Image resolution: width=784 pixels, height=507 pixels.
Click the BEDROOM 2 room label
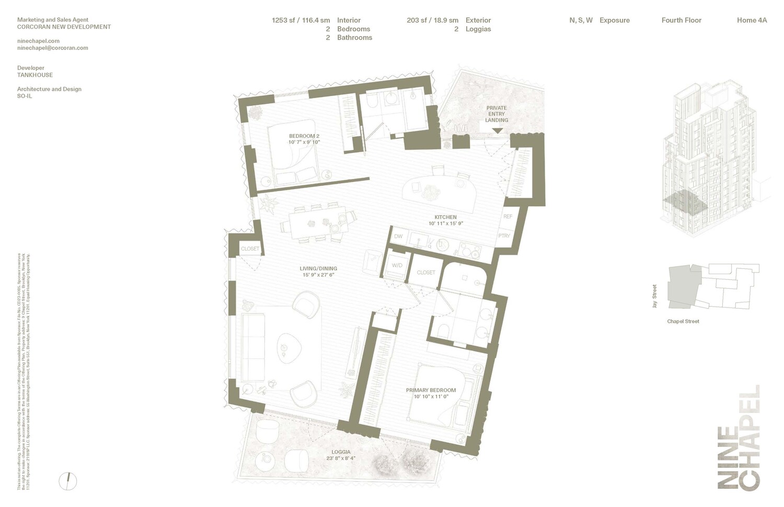(304, 136)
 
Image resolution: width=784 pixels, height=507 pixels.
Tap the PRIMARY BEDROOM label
(431, 390)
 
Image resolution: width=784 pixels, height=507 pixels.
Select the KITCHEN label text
(445, 217)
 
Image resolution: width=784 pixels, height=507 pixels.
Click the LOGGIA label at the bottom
(341, 452)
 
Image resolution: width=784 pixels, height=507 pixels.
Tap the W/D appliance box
(397, 265)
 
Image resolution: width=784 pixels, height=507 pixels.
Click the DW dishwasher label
(398, 237)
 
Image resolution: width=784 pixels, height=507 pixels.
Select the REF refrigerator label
(508, 217)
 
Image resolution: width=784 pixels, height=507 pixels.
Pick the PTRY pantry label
(504, 236)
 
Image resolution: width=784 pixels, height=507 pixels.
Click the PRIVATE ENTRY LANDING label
(497, 114)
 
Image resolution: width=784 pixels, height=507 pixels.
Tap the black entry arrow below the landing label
(497, 131)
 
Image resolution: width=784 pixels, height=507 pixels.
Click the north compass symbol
(68, 481)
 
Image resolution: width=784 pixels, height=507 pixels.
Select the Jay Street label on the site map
(654, 296)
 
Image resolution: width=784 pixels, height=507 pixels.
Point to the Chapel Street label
(683, 321)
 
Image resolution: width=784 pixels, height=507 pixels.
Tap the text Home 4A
(752, 20)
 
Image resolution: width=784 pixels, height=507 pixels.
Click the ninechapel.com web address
(38, 41)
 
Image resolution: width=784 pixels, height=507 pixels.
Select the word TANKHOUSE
(35, 75)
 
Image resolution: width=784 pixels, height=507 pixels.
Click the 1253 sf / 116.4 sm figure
(301, 20)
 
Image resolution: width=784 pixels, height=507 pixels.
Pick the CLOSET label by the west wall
(250, 249)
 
